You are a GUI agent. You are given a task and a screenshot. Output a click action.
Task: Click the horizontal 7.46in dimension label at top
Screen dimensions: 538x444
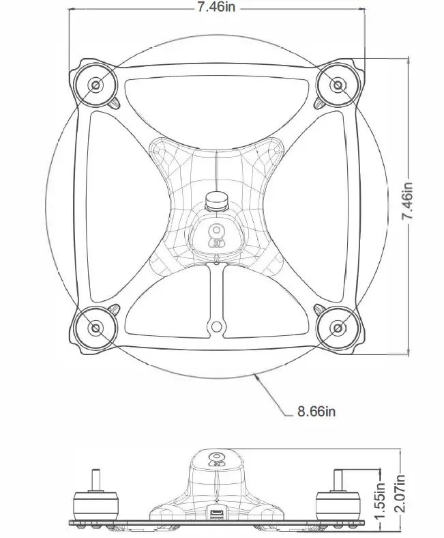click(x=218, y=8)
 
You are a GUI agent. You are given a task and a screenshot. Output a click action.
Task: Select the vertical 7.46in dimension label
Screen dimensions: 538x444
click(x=408, y=201)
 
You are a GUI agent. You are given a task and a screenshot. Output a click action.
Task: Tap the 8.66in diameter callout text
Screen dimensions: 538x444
click(x=317, y=412)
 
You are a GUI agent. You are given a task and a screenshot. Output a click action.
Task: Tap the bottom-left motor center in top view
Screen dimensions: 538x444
click(x=95, y=328)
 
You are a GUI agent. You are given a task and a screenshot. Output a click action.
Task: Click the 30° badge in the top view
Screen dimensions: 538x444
click(x=217, y=236)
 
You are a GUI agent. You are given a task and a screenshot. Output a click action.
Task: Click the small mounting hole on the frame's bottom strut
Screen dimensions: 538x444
click(x=217, y=325)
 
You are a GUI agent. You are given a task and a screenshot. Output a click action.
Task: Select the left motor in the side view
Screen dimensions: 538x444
click(x=94, y=505)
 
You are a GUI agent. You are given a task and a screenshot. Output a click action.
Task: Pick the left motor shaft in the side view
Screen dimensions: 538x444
click(x=94, y=478)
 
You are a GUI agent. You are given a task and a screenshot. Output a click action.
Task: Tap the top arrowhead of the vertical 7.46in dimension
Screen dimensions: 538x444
click(x=408, y=60)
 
